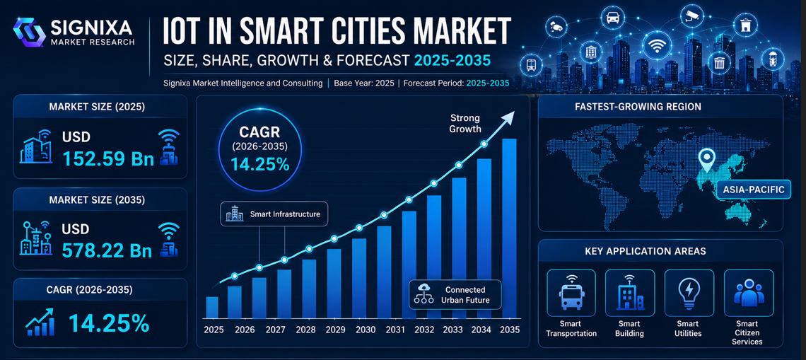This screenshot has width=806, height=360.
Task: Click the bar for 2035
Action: (x=509, y=228)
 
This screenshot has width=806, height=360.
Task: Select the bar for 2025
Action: (x=212, y=308)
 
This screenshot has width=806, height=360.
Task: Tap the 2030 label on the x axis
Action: (x=365, y=330)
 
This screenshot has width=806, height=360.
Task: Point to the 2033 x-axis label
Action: (x=453, y=330)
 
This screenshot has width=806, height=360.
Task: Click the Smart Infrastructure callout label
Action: (x=274, y=214)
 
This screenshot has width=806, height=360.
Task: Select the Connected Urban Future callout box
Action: (x=455, y=294)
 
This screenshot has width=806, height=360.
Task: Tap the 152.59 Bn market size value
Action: (x=108, y=158)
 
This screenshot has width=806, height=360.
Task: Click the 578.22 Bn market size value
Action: (x=107, y=250)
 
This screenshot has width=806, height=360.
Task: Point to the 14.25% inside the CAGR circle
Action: (x=259, y=164)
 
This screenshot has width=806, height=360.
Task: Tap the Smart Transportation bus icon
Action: (x=571, y=292)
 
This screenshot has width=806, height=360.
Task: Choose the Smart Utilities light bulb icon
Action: (x=687, y=293)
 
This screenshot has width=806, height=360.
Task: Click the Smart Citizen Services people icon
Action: (x=749, y=293)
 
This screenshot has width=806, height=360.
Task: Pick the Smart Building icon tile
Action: (x=630, y=292)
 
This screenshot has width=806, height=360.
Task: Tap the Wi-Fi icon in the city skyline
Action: (x=656, y=45)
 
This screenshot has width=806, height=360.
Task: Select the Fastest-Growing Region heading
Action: (x=660, y=107)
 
